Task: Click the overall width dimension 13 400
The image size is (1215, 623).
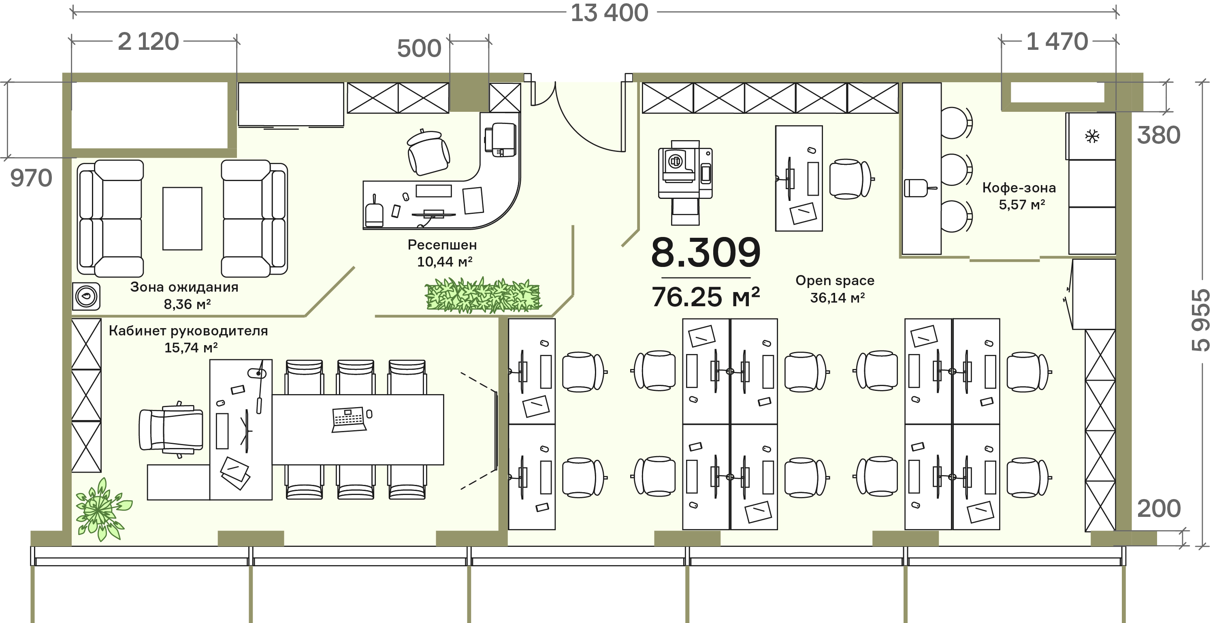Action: tap(610, 13)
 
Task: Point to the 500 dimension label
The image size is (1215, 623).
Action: tap(419, 49)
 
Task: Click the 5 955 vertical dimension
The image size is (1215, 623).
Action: tap(1200, 320)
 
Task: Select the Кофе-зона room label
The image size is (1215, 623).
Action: tap(1019, 188)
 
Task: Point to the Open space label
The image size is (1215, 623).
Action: tap(835, 281)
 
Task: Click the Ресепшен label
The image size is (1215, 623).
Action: tap(442, 245)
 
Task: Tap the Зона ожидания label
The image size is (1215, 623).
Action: tap(184, 287)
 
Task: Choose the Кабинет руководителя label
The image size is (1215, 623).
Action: tap(188, 331)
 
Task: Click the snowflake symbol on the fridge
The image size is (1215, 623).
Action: tap(1092, 137)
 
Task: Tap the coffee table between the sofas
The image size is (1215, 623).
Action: tap(182, 218)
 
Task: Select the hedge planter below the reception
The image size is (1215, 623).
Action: tap(482, 296)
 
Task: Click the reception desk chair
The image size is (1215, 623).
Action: tap(428, 151)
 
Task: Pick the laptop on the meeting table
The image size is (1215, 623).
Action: tap(349, 419)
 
